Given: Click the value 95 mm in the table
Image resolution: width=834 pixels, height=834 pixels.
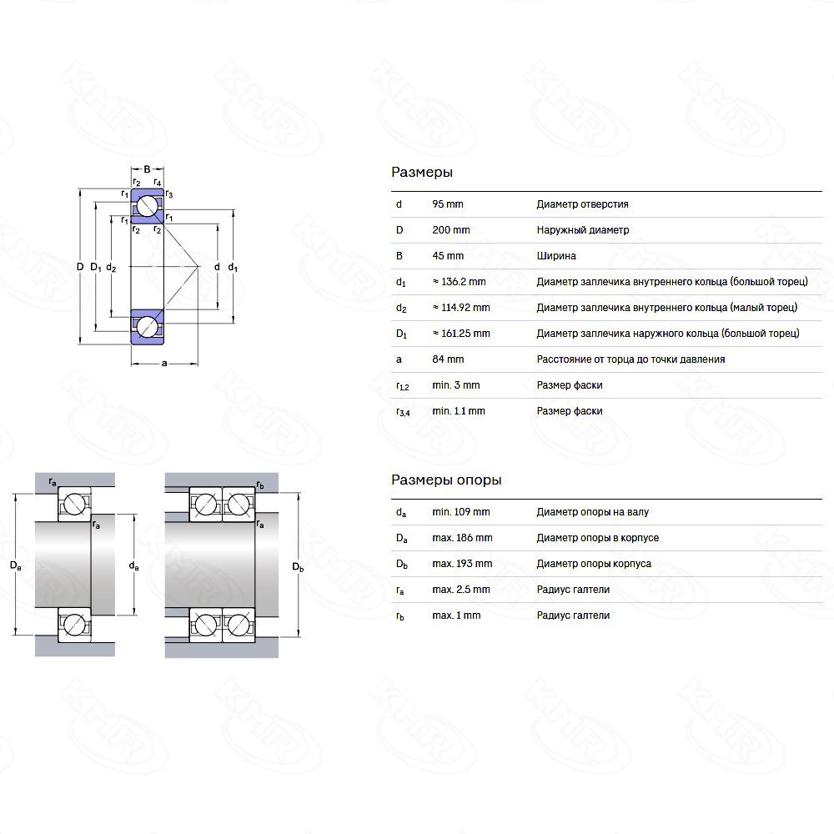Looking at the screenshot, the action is coord(447,204).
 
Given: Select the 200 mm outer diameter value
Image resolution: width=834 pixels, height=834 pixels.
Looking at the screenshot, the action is coord(450,230).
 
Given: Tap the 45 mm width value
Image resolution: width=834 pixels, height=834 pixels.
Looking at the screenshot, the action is coord(447,256).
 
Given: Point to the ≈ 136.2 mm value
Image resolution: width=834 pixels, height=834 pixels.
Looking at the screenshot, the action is coord(459,281).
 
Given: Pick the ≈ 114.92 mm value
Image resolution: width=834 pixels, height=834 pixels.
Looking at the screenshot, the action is coord(460,308).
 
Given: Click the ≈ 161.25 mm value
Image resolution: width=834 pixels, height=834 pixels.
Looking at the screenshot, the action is coord(460,334).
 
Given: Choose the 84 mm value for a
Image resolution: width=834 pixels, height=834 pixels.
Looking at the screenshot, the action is coord(447,359).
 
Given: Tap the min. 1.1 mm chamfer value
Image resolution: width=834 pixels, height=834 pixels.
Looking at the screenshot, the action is coord(458,411).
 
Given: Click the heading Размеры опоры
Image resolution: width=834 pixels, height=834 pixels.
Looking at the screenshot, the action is coord(445,480).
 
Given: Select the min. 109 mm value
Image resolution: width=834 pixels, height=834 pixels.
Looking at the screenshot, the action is coord(460,512).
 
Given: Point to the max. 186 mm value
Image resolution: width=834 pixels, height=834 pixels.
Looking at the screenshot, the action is coord(462,538).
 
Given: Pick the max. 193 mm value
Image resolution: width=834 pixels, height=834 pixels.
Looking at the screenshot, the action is coord(462,564).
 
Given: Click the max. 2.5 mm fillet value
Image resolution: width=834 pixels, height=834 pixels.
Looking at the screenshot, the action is coord(460,590).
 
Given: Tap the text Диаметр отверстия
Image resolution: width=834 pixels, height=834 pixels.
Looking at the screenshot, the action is coord(582,204).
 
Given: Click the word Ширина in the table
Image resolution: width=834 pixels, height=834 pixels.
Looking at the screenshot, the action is coord(555,256).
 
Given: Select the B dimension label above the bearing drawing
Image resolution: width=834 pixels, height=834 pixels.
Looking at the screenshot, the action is coord(147,169).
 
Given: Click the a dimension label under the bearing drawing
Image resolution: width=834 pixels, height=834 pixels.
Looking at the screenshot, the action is coord(164,364).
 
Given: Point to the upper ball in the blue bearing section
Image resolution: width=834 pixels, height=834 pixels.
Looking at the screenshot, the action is coord(148,206).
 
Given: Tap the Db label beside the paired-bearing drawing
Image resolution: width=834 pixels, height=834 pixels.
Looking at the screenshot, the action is coord(298,567).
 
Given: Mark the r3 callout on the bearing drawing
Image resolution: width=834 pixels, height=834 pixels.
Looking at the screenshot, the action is coord(169,193).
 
